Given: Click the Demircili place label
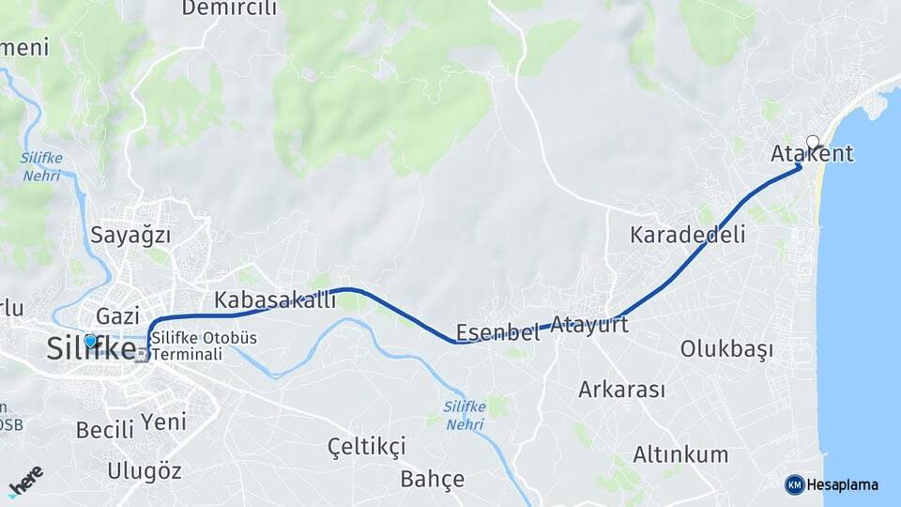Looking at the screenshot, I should click(x=229, y=8).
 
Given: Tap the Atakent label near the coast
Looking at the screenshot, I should click(x=813, y=155).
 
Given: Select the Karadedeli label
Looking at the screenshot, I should click(x=688, y=235).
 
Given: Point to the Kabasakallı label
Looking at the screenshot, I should click(x=275, y=300).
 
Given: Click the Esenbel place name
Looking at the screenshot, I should click(x=497, y=332).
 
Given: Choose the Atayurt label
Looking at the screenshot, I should click(x=589, y=326).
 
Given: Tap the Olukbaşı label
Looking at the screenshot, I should click(x=726, y=350).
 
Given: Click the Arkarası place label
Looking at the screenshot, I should click(x=621, y=389).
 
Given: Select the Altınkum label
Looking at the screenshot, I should click(x=680, y=455).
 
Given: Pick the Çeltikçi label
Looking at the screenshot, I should click(x=366, y=445).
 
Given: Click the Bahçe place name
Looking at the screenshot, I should click(x=432, y=480).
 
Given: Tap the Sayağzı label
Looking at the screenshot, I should click(x=137, y=235).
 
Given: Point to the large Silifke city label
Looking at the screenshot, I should click(x=91, y=349).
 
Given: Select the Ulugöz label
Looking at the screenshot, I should click(x=144, y=470).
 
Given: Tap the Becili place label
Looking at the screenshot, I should click(x=105, y=430).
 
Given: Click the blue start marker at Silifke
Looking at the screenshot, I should click(x=90, y=341).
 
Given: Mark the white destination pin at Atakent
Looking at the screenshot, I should click(x=813, y=143).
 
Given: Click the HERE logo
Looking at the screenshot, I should click(x=25, y=480).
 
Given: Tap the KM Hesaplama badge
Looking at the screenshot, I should click(x=832, y=484).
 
